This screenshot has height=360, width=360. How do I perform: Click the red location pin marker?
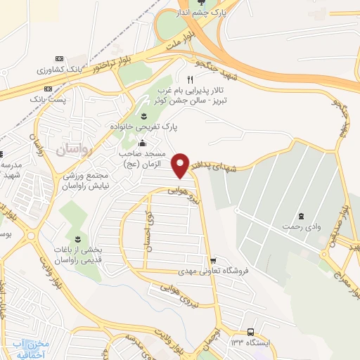(182, 165)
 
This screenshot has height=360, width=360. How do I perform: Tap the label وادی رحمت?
(300, 226)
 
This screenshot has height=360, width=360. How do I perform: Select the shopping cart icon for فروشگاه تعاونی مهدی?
(213, 260)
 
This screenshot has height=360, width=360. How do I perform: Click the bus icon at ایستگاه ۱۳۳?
(251, 331)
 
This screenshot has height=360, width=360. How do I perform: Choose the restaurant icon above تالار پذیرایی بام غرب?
(190, 79)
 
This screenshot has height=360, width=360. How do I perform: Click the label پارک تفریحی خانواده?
(144, 127)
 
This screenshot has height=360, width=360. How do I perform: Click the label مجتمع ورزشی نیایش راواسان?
(78, 179)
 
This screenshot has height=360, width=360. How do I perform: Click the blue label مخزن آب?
(33, 345)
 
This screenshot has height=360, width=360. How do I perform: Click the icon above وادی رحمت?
(301, 215)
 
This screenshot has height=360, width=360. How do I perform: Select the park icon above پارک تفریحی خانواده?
(144, 115)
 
